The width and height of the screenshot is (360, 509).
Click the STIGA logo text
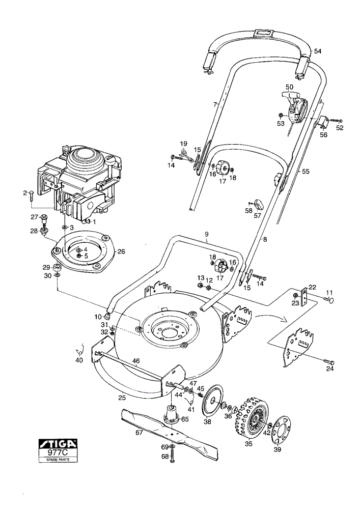58,443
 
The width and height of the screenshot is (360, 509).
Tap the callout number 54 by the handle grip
318,51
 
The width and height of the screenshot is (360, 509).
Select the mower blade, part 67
170,434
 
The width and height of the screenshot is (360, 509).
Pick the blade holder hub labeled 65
172,413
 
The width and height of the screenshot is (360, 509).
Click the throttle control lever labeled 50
295,107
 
